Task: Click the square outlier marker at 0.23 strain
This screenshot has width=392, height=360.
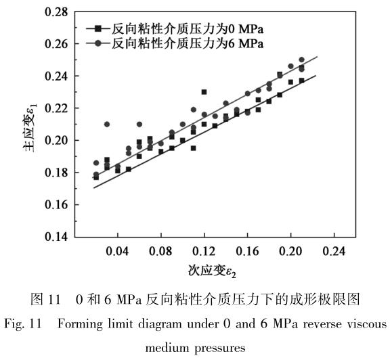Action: point(204,91)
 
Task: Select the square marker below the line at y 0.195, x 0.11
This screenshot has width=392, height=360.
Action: point(193,148)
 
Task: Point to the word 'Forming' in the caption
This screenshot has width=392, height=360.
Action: point(82,323)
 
